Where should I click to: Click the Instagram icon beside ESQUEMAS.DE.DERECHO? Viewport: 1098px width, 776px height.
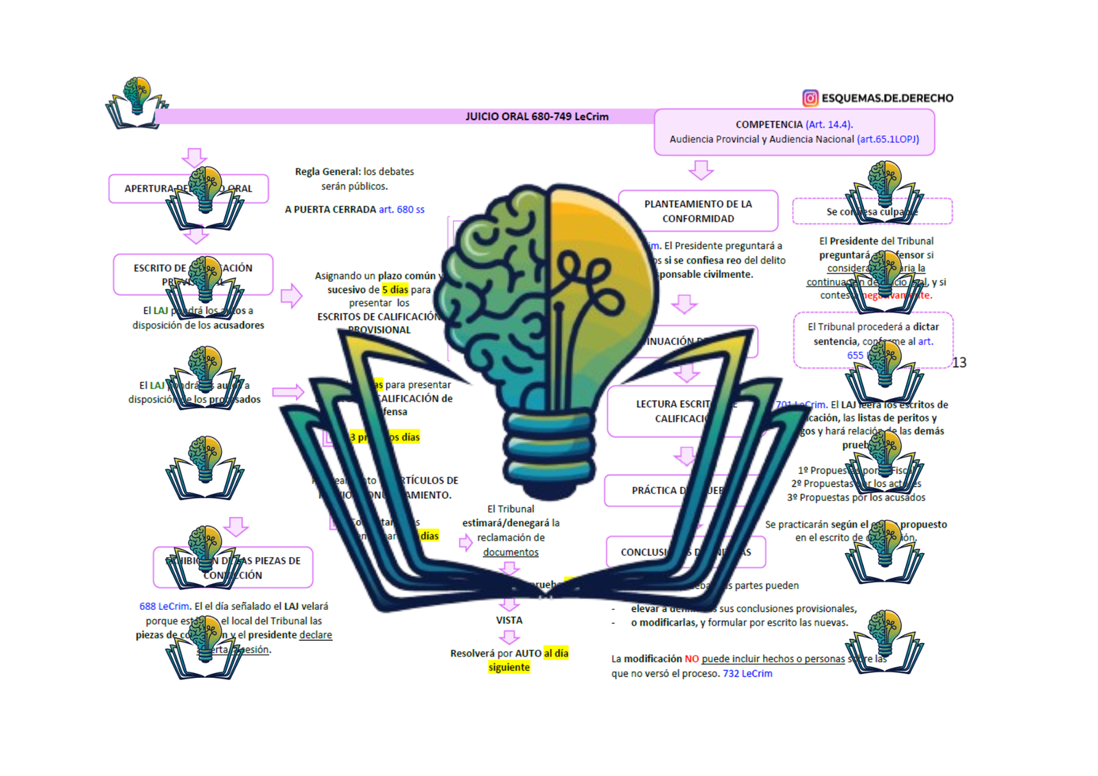coord(810,98)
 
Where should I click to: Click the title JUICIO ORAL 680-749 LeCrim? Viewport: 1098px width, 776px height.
coord(537,117)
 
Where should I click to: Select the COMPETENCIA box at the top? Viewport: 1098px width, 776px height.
coord(794,132)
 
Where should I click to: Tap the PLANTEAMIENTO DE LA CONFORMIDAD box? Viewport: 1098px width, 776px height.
coord(698,211)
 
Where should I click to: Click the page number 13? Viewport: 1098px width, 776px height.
coord(959,362)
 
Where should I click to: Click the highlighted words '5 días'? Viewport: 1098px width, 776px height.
coord(395,290)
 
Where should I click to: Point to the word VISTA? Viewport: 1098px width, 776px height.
coord(509,620)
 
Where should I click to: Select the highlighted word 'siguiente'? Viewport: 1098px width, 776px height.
coord(509,668)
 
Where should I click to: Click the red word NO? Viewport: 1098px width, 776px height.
coord(691,659)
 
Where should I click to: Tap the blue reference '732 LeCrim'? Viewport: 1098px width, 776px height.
coord(747,674)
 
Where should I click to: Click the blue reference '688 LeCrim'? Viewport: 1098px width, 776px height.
coord(164,607)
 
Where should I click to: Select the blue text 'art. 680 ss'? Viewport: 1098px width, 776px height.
coord(401,209)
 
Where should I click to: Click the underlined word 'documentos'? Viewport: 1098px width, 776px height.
coord(511,552)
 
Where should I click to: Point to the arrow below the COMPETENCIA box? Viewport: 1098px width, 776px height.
coord(701,169)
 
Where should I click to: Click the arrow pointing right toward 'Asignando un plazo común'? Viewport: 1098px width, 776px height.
coord(291,296)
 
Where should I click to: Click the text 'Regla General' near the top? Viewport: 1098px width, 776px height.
coord(327,172)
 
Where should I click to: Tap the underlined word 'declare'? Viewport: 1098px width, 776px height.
coord(316,635)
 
